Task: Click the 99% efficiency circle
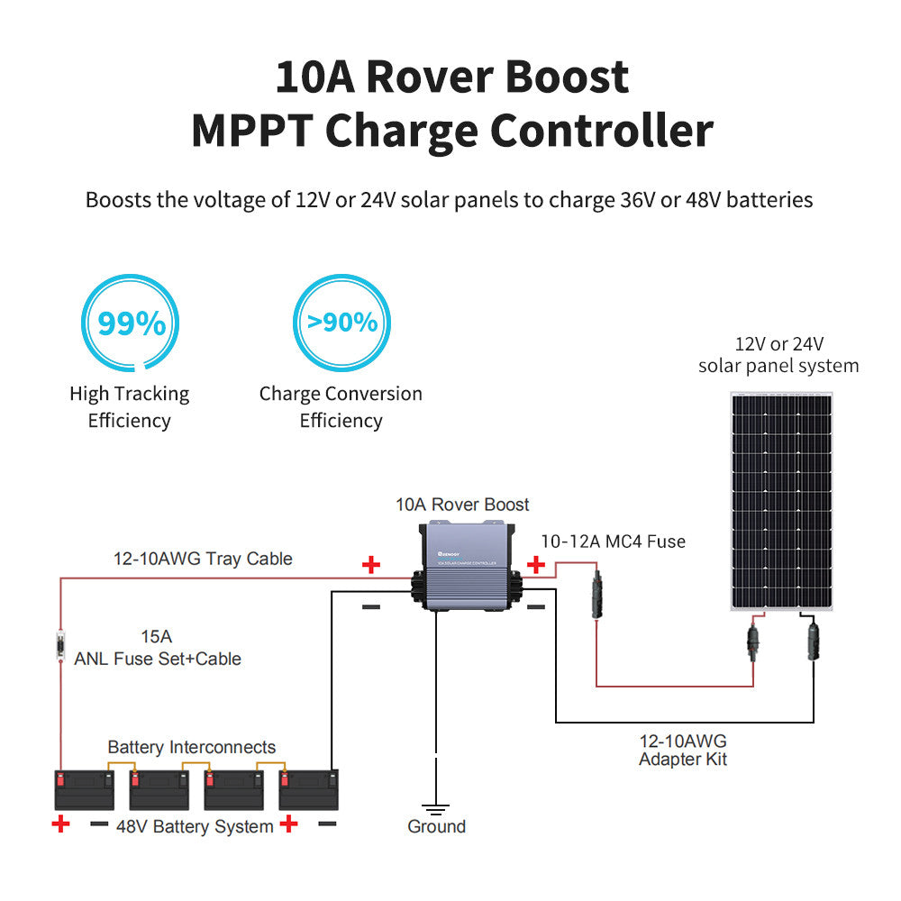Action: click(x=131, y=323)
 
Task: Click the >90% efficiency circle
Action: click(x=341, y=322)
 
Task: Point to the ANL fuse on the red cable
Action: click(x=60, y=646)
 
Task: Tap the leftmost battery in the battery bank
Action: click(x=85, y=789)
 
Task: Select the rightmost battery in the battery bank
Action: click(x=309, y=789)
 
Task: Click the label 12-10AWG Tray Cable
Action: click(x=203, y=559)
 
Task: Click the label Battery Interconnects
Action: click(x=191, y=747)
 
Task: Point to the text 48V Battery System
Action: click(x=195, y=826)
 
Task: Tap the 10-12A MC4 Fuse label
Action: click(x=613, y=542)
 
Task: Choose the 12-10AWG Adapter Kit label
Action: click(x=682, y=750)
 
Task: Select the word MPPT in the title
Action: click(x=251, y=131)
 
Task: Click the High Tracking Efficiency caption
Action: click(x=130, y=406)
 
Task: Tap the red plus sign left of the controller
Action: click(x=370, y=565)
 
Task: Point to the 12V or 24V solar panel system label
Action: click(x=778, y=355)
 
